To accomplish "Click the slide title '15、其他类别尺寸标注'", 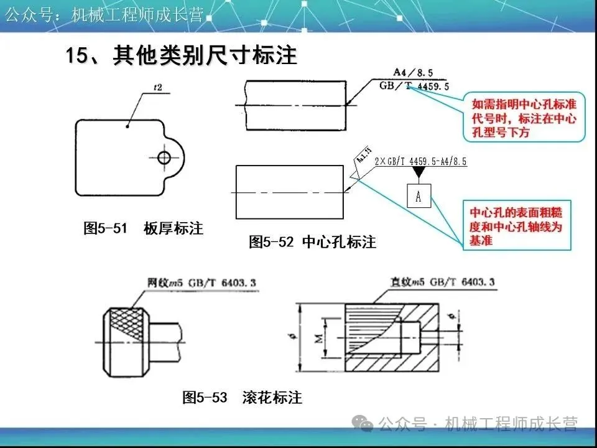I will pyautogui.click(x=182, y=55).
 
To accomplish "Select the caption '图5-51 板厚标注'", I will pyautogui.click(x=144, y=228).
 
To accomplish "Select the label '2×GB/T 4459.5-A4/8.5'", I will pyautogui.click(x=421, y=161).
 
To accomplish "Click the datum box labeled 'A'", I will pyautogui.click(x=419, y=196).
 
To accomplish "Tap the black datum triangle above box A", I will pyautogui.click(x=419, y=170).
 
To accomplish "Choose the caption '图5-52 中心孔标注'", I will pyautogui.click(x=313, y=242).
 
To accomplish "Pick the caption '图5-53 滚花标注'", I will pyautogui.click(x=242, y=397).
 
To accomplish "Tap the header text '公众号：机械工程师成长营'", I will pyautogui.click(x=104, y=15).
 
